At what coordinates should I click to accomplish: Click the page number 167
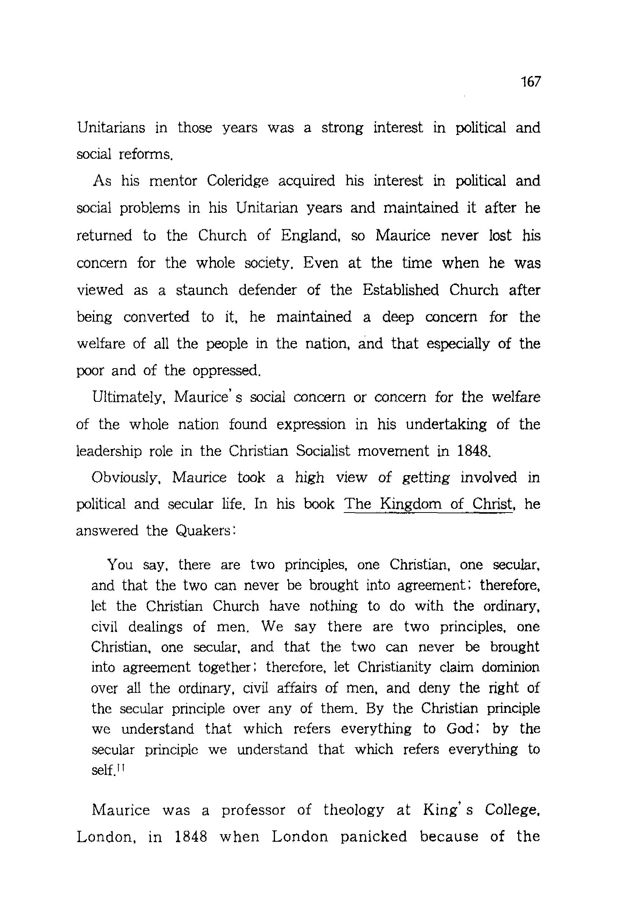pyautogui.click(x=530, y=82)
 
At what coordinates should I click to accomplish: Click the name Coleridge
pyautogui.click(x=237, y=181)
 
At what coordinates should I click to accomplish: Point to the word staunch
pyautogui.click(x=202, y=290)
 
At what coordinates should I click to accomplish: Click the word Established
pyautogui.click(x=401, y=290)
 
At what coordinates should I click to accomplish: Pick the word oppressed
pyautogui.click(x=227, y=370)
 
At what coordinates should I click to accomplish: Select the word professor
pyautogui.click(x=253, y=810)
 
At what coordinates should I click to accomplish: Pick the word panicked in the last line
pyautogui.click(x=373, y=836)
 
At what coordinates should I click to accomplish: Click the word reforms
pyautogui.click(x=146, y=154)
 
